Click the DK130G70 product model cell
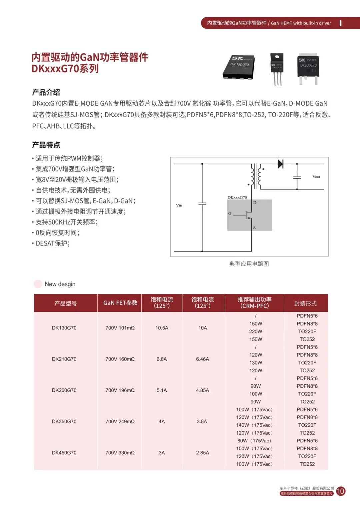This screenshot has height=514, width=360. pyautogui.click(x=64, y=328)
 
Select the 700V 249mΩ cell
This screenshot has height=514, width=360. pyautogui.click(x=120, y=421)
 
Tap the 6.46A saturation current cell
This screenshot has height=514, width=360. pyautogui.click(x=202, y=359)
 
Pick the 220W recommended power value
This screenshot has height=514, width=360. pyautogui.click(x=256, y=331)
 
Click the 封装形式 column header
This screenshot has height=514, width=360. pyautogui.click(x=305, y=303)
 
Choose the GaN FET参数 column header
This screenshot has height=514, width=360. pyautogui.click(x=120, y=303)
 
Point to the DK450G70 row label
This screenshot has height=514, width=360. pyautogui.click(x=64, y=453)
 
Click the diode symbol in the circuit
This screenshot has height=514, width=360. pyautogui.click(x=280, y=164)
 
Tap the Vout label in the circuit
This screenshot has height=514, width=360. pyautogui.click(x=316, y=177)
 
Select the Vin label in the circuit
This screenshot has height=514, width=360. pyautogui.click(x=179, y=205)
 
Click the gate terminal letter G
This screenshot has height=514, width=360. pyautogui.click(x=230, y=214)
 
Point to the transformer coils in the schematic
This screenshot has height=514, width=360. pyautogui.click(x=256, y=176)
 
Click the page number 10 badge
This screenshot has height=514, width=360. pyautogui.click(x=341, y=491)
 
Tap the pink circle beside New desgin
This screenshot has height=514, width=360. pyautogui.click(x=38, y=284)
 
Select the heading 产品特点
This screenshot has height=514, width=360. pyautogui.click(x=46, y=145)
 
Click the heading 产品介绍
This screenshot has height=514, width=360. pyautogui.click(x=46, y=92)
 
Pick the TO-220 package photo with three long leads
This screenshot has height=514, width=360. pyautogui.click(x=277, y=68)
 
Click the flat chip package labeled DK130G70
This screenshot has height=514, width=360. pyautogui.click(x=239, y=67)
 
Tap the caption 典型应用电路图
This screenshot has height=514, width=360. pyautogui.click(x=249, y=264)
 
